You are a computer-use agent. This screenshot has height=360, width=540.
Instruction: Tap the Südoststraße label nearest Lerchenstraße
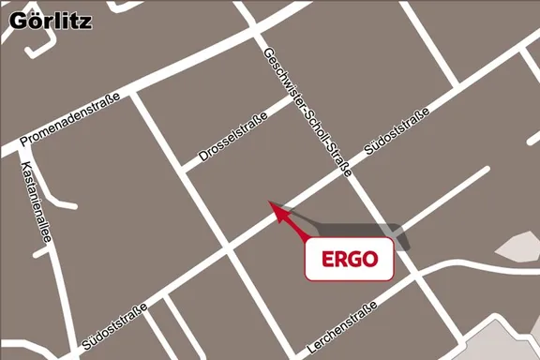113,329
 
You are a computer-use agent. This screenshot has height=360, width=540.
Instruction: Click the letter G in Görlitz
18,20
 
